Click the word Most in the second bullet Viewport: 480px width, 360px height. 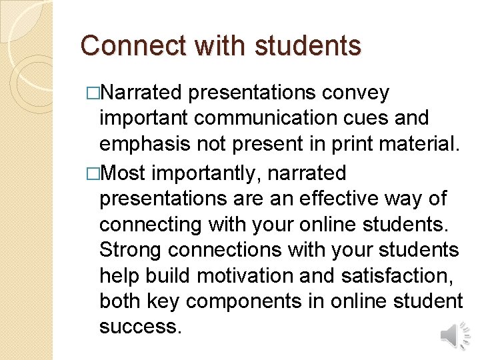pyautogui.click(x=126, y=173)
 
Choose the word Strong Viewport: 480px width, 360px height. pyautogui.click(x=131, y=250)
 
